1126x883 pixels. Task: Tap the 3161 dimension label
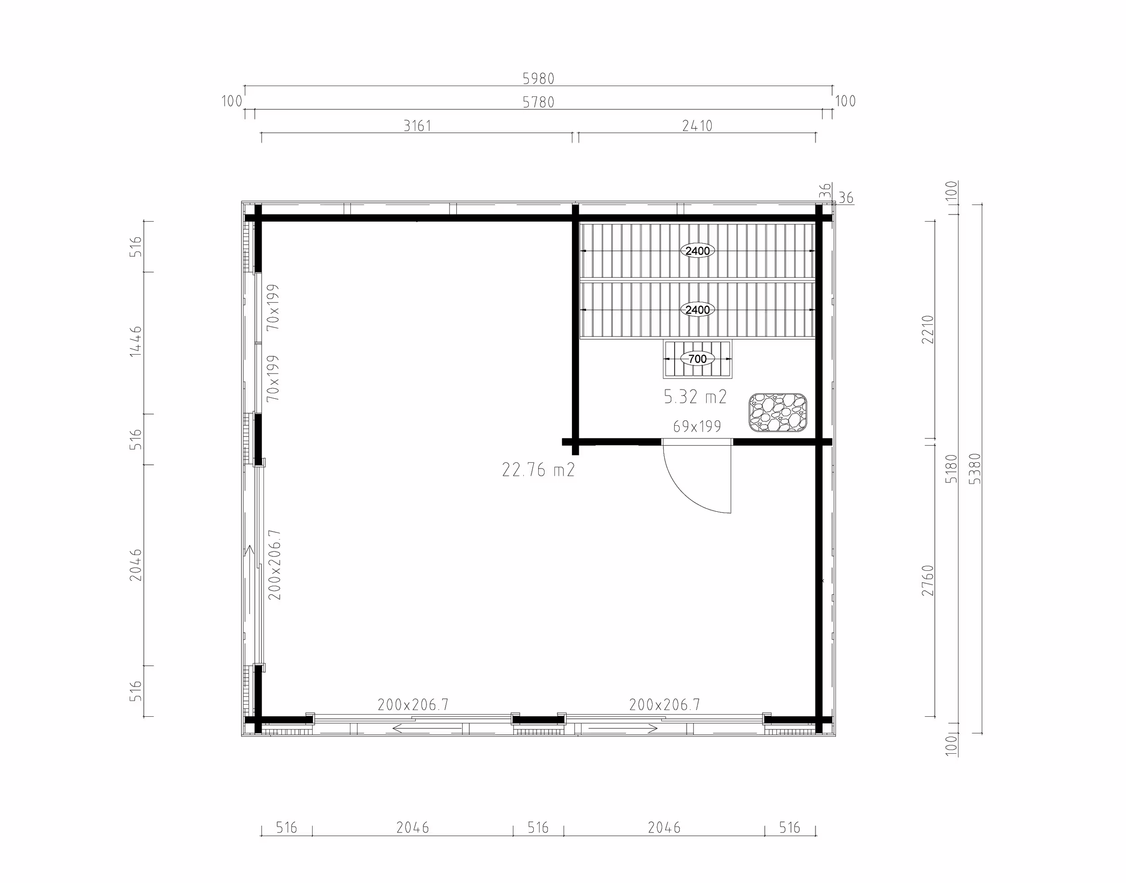point(417,126)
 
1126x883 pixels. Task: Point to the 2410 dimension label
point(697,126)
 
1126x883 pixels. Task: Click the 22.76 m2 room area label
point(539,470)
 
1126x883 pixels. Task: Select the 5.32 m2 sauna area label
point(695,397)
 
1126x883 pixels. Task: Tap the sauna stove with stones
point(778,412)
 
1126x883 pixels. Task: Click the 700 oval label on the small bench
point(698,359)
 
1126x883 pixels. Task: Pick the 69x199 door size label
point(697,427)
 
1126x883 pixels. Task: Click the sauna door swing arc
point(683,494)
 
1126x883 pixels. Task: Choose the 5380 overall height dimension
point(975,469)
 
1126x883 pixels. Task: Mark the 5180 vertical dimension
point(951,469)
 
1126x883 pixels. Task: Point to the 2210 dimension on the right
point(928,329)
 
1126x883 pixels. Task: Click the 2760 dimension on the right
point(928,580)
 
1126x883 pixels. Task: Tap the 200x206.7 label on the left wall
point(275,564)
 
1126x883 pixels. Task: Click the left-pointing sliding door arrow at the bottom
point(427,729)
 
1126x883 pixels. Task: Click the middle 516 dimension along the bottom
point(538,828)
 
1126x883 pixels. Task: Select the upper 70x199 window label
point(273,307)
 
